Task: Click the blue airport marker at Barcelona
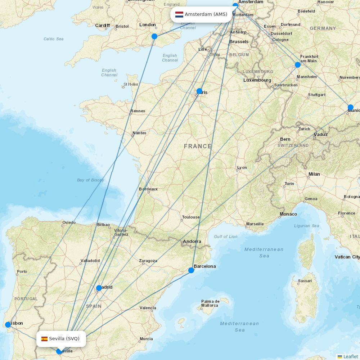tap(191, 270)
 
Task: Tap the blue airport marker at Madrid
tap(99, 288)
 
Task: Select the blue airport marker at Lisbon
tap(8, 325)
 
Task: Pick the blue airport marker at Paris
tap(199, 91)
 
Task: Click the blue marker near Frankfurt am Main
tap(298, 65)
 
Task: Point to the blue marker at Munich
tap(351, 107)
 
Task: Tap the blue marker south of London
tap(154, 36)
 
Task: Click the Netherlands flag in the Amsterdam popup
tap(179, 14)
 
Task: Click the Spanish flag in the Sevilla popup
tap(45, 339)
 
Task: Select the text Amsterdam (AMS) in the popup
tap(206, 14)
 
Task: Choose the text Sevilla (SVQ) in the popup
tap(64, 339)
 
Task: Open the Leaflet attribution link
tap(350, 356)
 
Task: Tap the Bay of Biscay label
tap(90, 180)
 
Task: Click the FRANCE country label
tap(198, 146)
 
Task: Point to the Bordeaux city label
tap(148, 189)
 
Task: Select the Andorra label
tap(192, 242)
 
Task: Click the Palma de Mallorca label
tap(210, 303)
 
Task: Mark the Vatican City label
tap(347, 257)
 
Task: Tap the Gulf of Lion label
tap(226, 237)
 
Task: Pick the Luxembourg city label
tap(257, 80)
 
